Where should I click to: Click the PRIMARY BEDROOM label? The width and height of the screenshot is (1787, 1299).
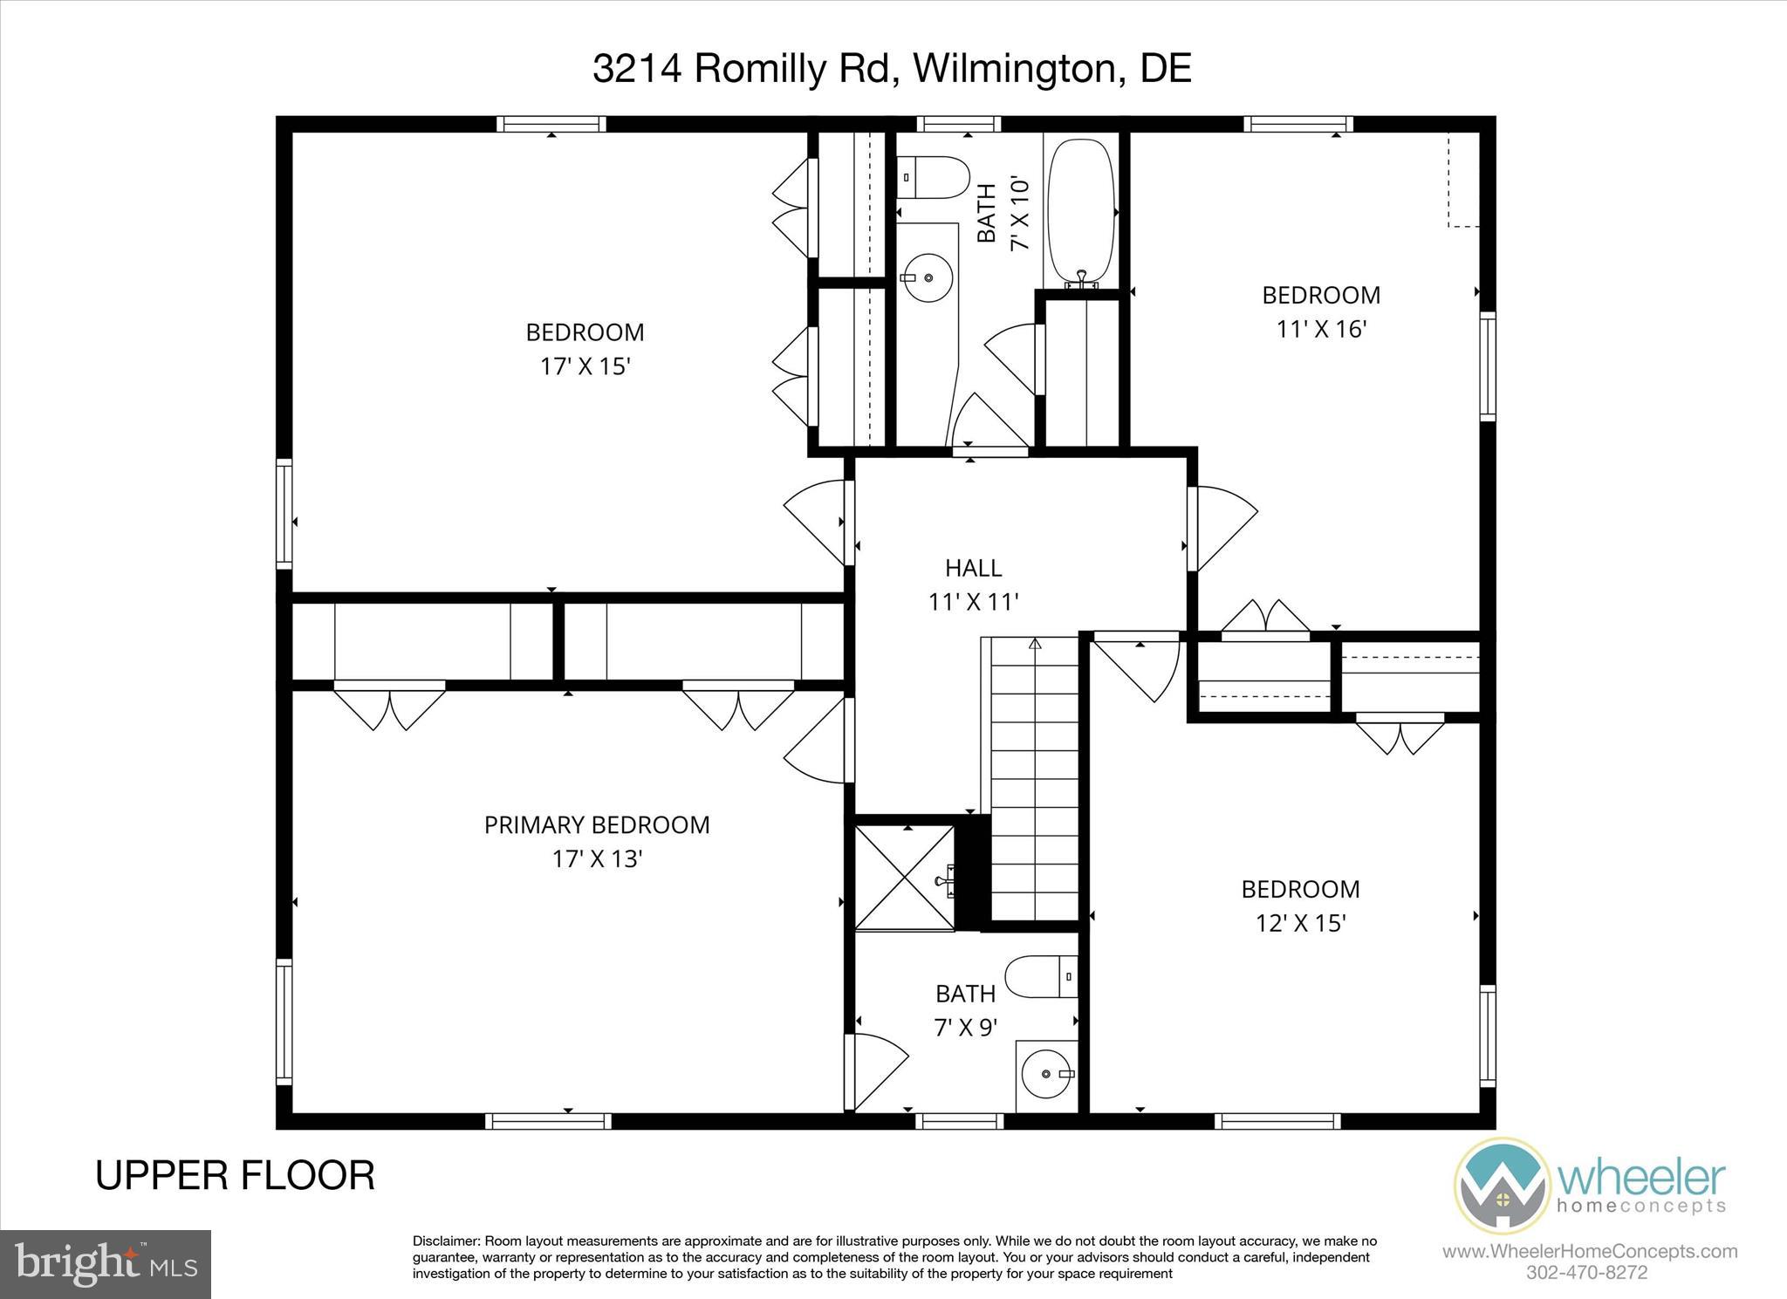[597, 824]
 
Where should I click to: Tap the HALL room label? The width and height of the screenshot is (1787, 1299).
[973, 568]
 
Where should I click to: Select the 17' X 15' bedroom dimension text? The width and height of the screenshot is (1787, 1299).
[585, 366]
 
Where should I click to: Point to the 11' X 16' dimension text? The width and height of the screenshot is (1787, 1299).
[1321, 329]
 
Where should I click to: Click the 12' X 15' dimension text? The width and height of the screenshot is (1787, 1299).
[1300, 923]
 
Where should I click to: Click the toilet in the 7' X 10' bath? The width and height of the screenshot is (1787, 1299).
[934, 177]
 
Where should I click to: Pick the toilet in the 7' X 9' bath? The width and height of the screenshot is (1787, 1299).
[1041, 976]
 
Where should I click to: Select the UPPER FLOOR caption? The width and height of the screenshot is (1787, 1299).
[235, 1175]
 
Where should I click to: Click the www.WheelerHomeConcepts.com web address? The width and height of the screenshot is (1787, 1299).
[1589, 1251]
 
